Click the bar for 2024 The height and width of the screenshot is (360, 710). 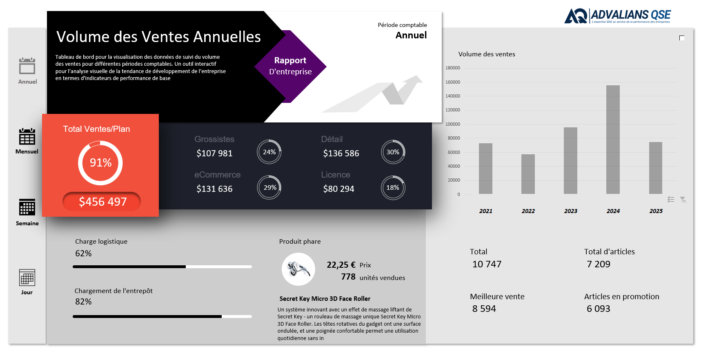click(x=613, y=140)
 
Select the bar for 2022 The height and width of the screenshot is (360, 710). click(x=528, y=174)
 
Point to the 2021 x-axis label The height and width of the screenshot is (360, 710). click(x=485, y=211)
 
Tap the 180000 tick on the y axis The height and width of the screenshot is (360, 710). click(x=452, y=68)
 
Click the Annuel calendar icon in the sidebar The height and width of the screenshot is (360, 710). click(x=27, y=66)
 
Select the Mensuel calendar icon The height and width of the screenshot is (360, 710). click(x=27, y=136)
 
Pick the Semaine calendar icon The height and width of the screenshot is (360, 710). click(x=27, y=207)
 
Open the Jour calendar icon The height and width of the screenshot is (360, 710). click(x=27, y=278)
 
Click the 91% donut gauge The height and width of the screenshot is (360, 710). click(x=100, y=163)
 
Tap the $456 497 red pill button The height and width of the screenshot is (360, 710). click(x=102, y=202)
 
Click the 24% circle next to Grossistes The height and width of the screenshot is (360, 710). click(x=269, y=152)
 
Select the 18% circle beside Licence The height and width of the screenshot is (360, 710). click(x=393, y=188)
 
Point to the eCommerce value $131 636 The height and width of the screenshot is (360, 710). click(x=214, y=189)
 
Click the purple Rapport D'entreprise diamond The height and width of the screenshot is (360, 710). click(x=290, y=66)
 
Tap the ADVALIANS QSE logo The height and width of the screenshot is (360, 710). click(x=617, y=16)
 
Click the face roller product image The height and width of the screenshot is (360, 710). click(x=298, y=269)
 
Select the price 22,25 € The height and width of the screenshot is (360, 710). click(x=341, y=265)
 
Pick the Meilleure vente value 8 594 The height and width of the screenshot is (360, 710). click(x=484, y=309)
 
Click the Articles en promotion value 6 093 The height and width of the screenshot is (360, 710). click(x=598, y=309)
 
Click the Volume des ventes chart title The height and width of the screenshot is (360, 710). click(x=486, y=54)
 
